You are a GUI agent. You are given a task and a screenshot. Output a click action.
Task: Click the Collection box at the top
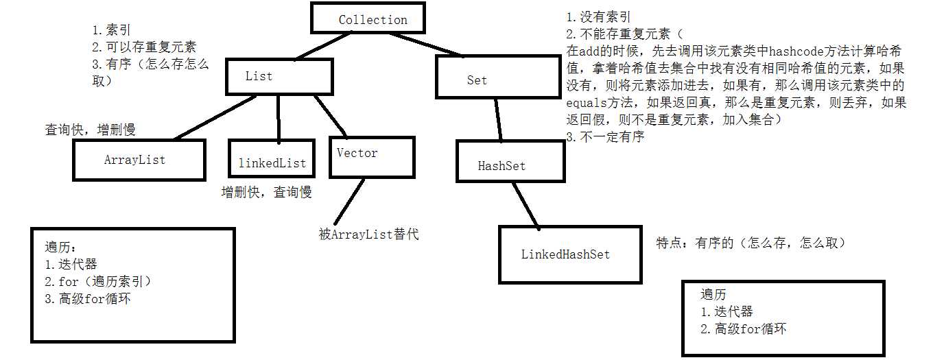click(x=373, y=19)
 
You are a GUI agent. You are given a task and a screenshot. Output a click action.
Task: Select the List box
click(x=279, y=76)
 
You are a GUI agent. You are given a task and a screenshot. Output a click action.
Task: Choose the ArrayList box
click(x=139, y=160)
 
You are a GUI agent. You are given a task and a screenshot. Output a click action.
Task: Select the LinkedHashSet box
click(x=565, y=254)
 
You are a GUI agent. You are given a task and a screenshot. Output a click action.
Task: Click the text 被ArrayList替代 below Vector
click(x=368, y=235)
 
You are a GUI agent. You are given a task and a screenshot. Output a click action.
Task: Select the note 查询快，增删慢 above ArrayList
click(x=90, y=129)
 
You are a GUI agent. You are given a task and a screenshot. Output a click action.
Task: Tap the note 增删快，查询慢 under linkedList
click(x=266, y=193)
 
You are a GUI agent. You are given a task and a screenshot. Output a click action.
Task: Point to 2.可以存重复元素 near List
click(x=144, y=47)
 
